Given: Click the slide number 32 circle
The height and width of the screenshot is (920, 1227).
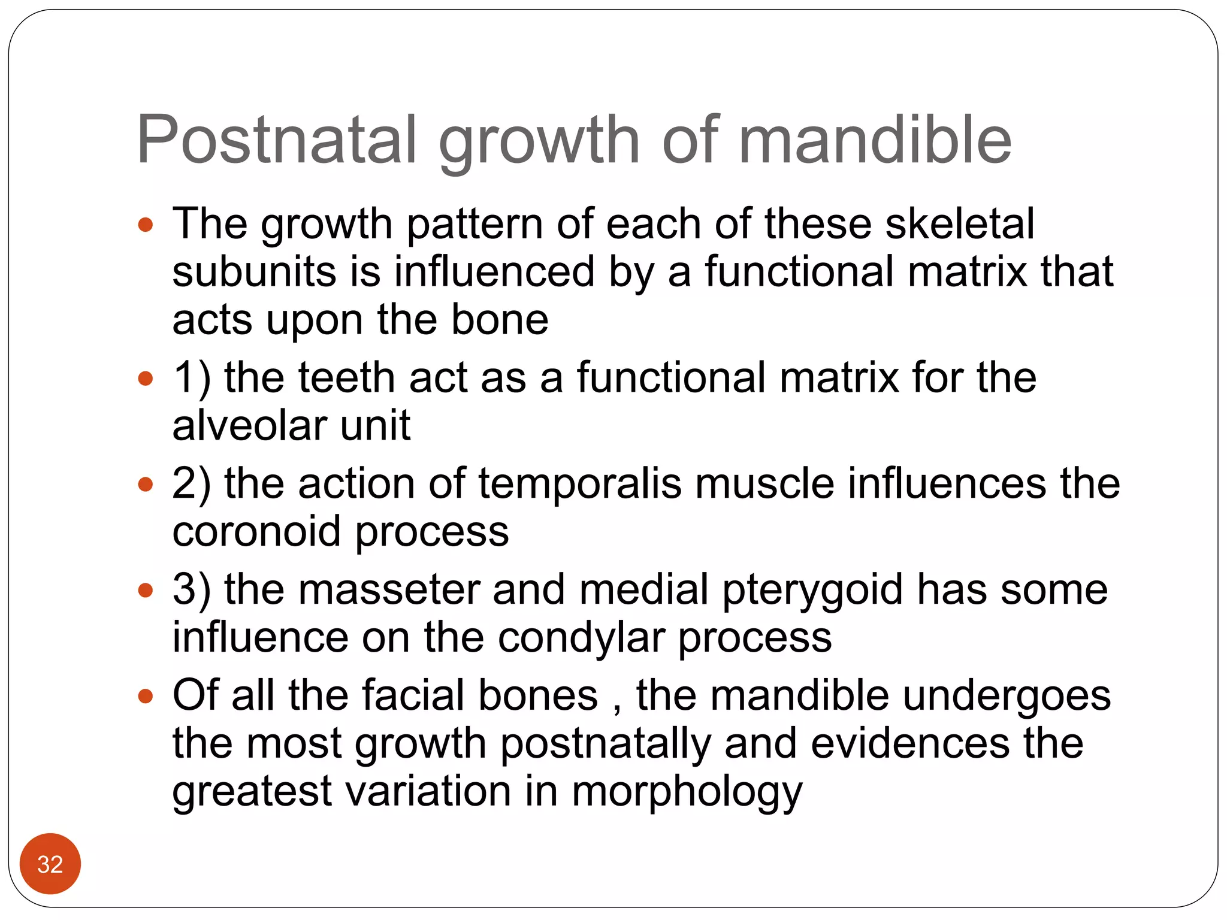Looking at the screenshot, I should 50,864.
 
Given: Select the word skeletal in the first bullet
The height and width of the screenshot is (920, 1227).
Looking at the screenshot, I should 959,224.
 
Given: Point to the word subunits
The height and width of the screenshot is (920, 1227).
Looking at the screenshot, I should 254,272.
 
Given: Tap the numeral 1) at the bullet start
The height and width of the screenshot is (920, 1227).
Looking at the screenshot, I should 191,379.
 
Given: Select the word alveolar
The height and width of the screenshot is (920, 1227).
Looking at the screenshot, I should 249,426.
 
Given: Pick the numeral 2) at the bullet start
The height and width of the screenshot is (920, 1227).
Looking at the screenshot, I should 191,484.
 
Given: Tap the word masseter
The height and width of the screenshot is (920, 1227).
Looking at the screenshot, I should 389,590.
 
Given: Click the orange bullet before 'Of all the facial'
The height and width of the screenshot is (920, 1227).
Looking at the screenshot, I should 146,696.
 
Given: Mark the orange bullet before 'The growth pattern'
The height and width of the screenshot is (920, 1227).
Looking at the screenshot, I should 146,225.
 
